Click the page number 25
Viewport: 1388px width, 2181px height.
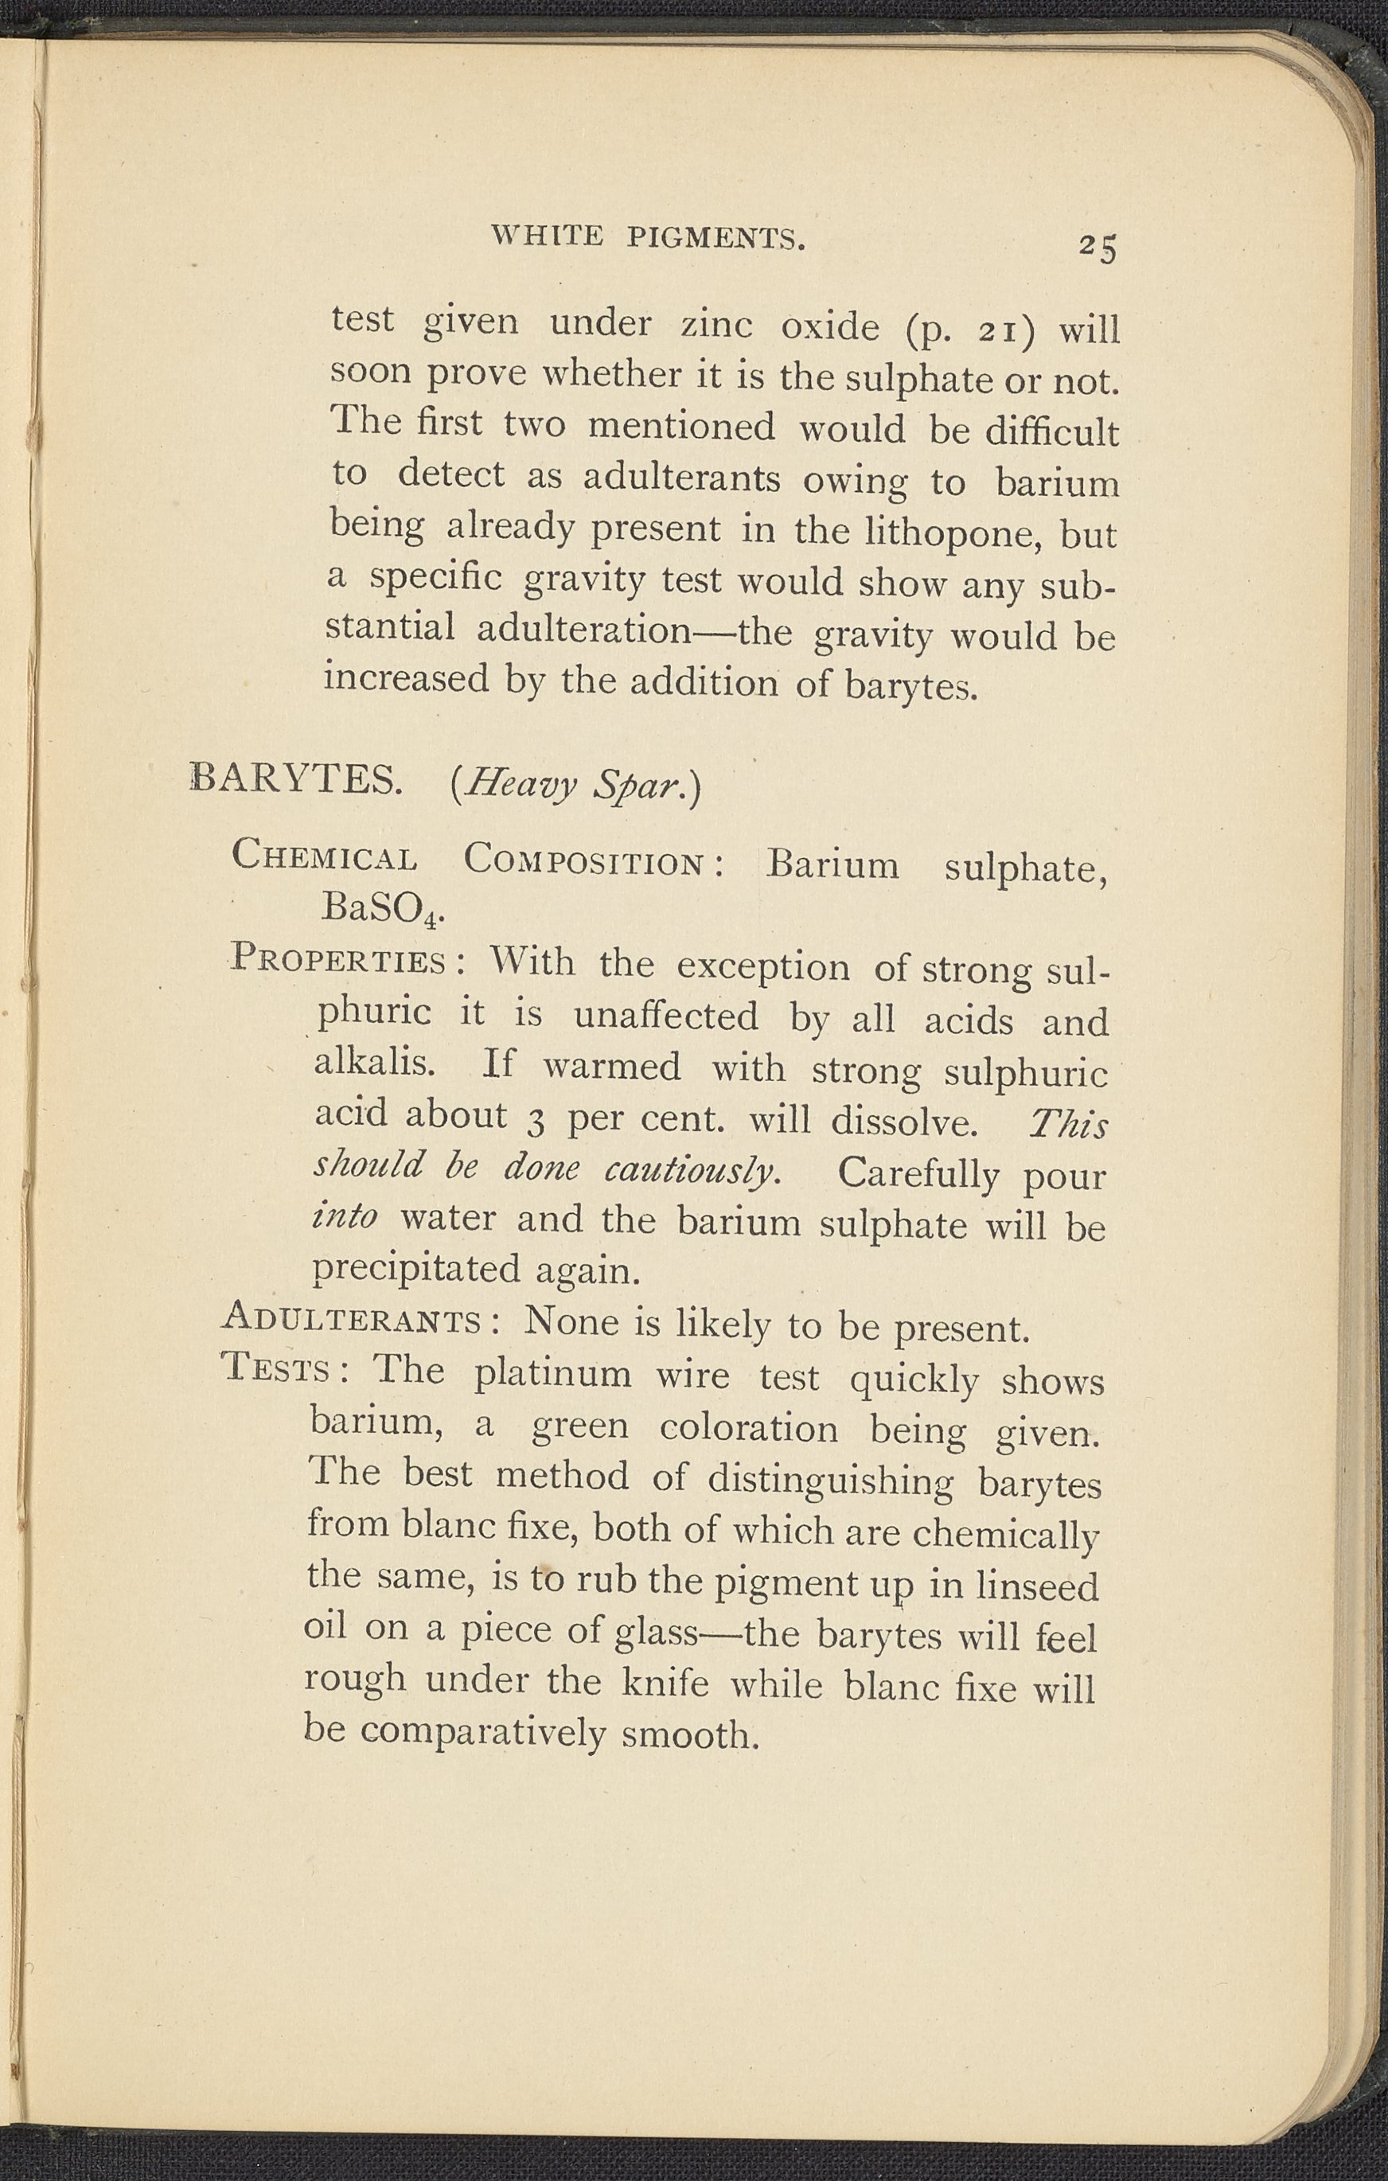(1098, 247)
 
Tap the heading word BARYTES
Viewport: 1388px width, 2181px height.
(295, 779)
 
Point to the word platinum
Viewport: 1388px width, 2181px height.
(552, 1374)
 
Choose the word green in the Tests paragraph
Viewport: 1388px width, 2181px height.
(579, 1426)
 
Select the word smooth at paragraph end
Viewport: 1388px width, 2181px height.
(690, 1734)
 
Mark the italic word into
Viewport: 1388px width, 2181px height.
(344, 1216)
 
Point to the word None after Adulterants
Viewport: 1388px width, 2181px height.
(571, 1322)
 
